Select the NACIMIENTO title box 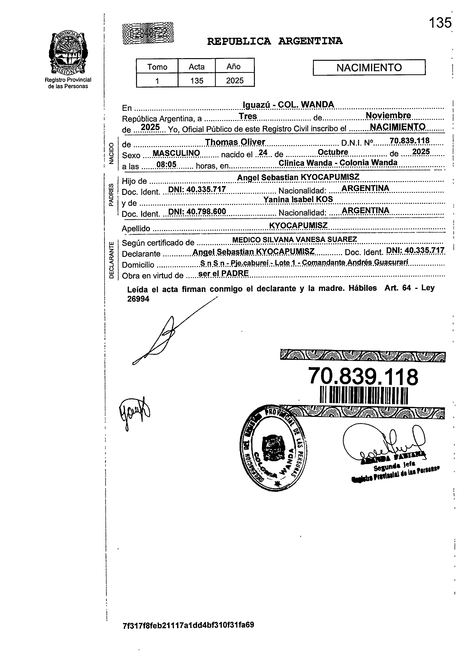pos(369,68)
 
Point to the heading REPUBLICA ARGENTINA pos(275,42)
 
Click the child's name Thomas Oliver pos(235,142)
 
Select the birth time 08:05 pos(166,165)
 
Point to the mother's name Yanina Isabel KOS pos(298,199)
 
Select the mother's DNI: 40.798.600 pos(197,212)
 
